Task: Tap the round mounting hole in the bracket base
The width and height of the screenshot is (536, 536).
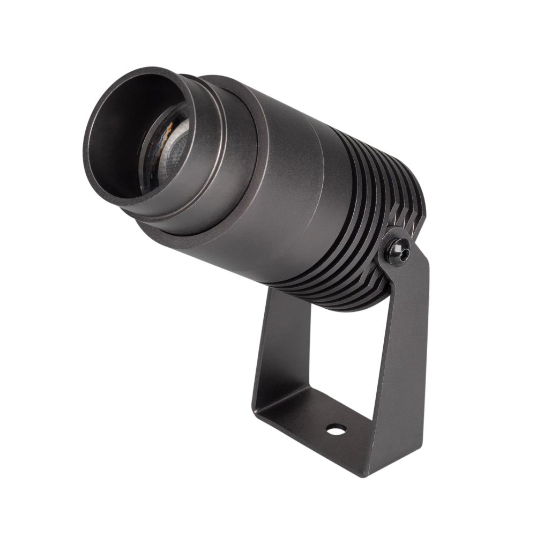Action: pyautogui.click(x=336, y=429)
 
